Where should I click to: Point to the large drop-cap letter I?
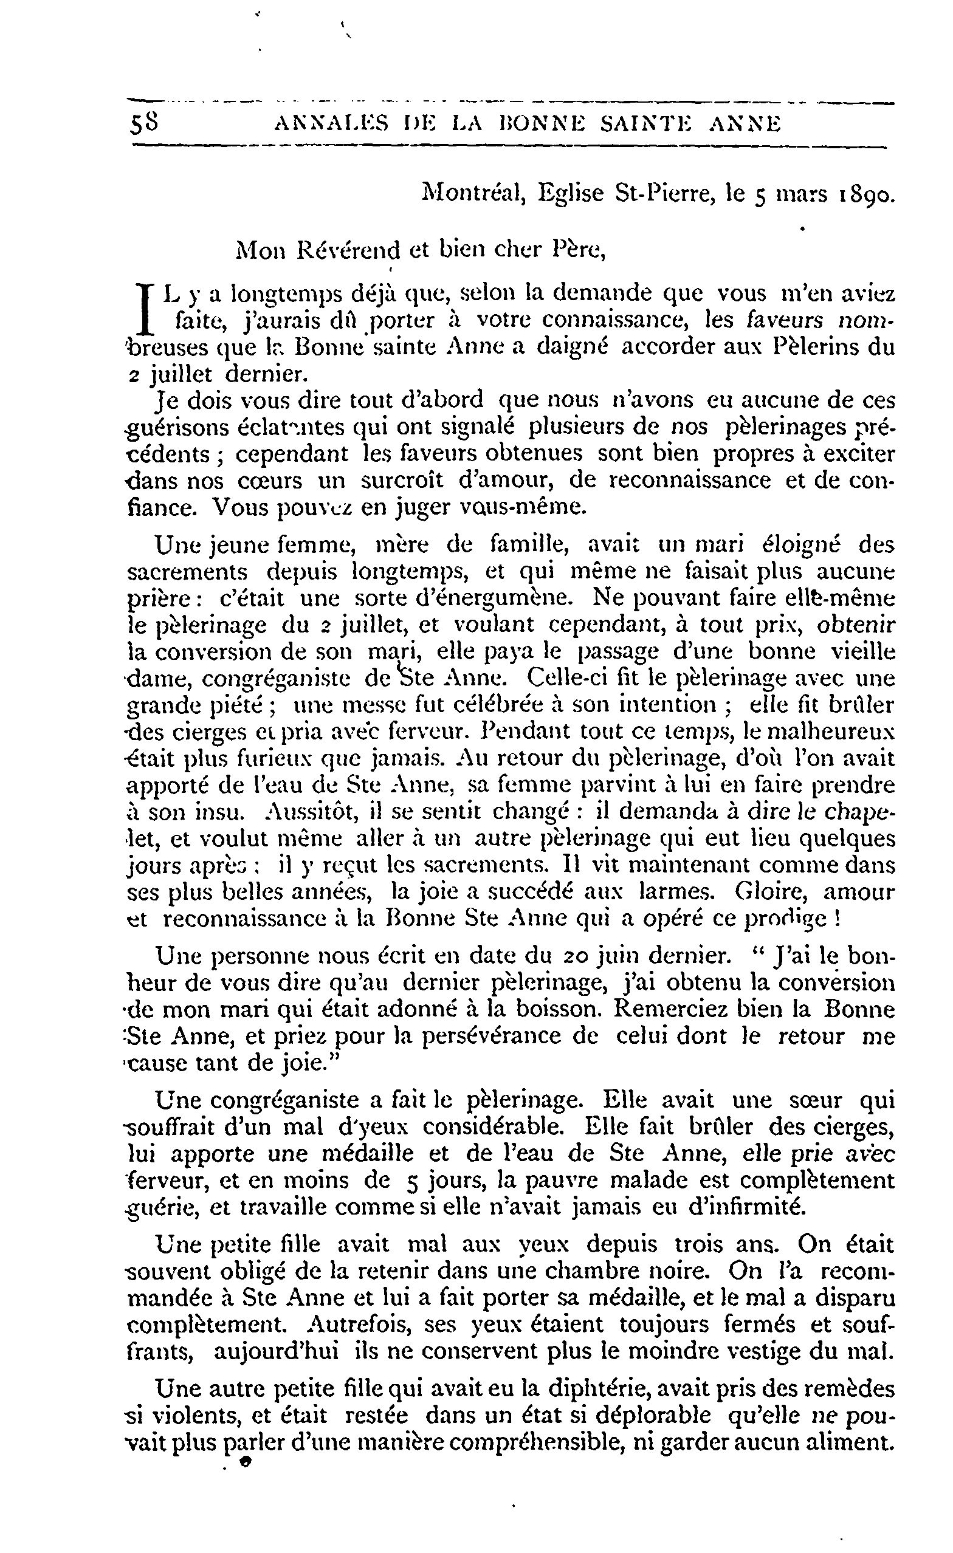point(146,309)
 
